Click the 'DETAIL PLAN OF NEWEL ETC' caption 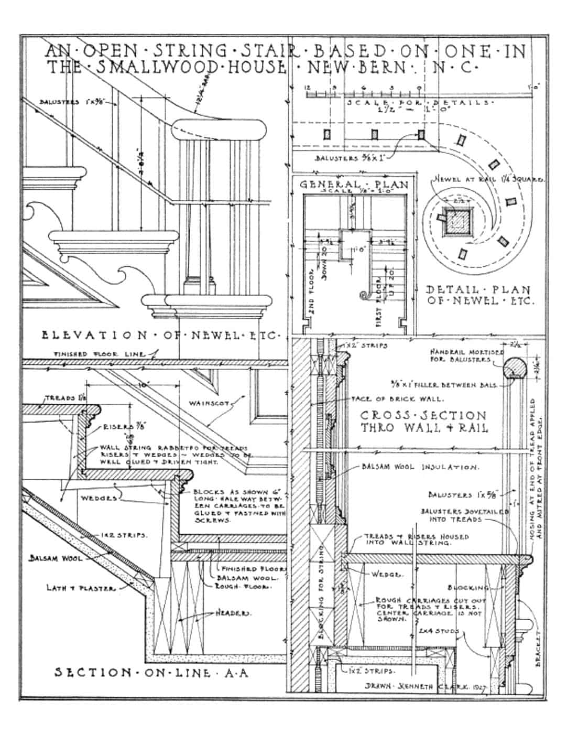pyautogui.click(x=478, y=296)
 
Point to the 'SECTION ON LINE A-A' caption pyautogui.click(x=151, y=673)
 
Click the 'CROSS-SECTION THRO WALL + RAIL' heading pyautogui.click(x=423, y=422)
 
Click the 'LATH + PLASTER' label pyautogui.click(x=81, y=588)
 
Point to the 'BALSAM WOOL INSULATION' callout pyautogui.click(x=419, y=466)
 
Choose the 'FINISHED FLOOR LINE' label pyautogui.click(x=100, y=355)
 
